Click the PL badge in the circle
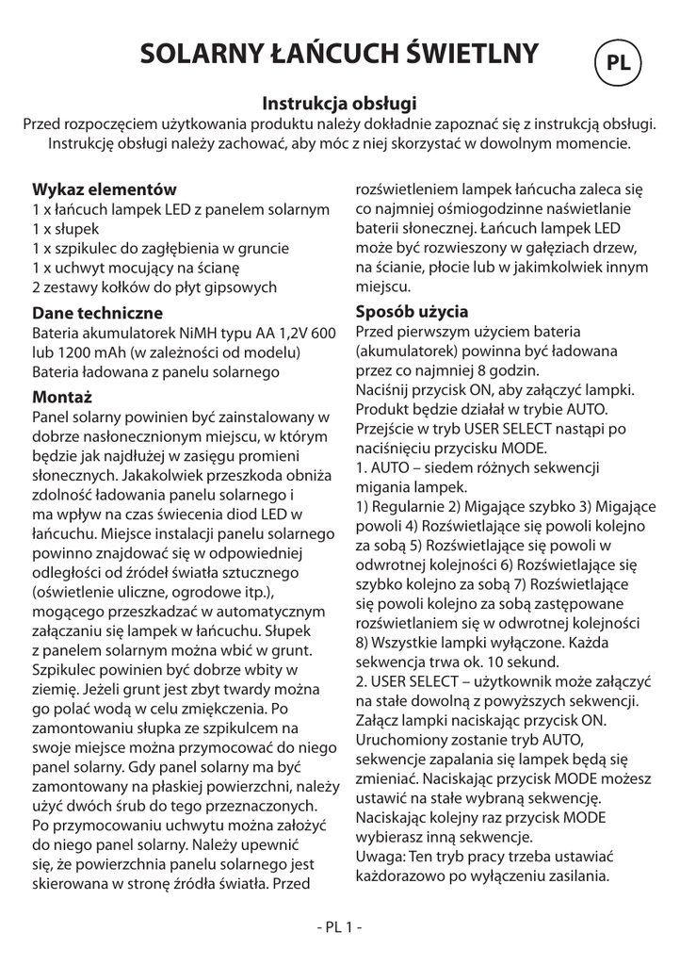click(x=618, y=63)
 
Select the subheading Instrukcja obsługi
click(x=339, y=103)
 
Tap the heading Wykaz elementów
click(x=105, y=189)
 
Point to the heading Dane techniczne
click(x=97, y=313)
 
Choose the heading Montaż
click(x=61, y=395)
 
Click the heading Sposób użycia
click(x=412, y=311)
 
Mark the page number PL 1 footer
click(x=339, y=926)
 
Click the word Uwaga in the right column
click(x=379, y=857)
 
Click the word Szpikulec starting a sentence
click(x=68, y=670)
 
